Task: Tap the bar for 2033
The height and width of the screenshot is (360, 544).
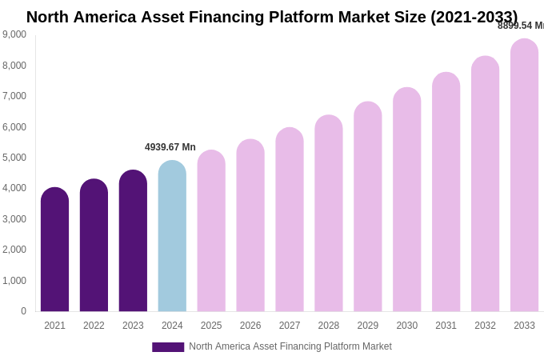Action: pos(524,175)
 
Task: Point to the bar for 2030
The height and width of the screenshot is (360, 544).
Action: pos(406,199)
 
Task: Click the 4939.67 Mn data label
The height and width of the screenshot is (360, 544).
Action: pos(170,147)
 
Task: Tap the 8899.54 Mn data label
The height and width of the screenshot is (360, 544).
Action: pos(521,26)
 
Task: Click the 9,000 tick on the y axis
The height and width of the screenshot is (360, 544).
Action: pos(14,34)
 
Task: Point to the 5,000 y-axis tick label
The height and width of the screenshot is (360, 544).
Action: pos(14,158)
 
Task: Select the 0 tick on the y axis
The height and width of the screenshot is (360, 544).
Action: pos(23,311)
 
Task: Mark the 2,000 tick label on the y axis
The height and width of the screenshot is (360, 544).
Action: pos(14,250)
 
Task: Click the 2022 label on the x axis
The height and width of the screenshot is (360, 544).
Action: pos(94,326)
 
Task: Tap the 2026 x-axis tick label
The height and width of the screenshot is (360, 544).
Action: pos(250,326)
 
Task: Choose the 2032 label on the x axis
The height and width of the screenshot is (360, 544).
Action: pos(485,326)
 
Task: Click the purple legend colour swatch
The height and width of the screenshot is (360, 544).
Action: pos(168,347)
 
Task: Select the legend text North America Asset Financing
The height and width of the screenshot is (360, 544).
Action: pos(290,346)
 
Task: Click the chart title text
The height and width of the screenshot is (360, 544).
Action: pos(272,17)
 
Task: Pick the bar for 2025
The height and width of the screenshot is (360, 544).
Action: pos(211,231)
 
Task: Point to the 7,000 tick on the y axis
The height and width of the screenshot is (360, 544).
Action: pos(14,96)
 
